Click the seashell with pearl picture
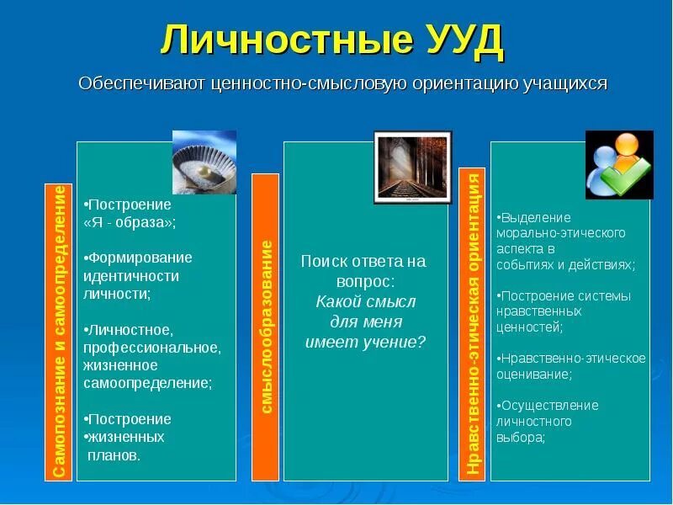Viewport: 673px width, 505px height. point(204,162)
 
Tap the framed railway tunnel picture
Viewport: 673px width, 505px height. point(412,167)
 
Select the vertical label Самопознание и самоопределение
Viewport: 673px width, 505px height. point(58,332)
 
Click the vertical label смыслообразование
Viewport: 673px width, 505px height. point(265,327)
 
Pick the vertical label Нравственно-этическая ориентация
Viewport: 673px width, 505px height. point(473,324)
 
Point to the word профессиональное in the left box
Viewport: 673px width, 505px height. point(151,347)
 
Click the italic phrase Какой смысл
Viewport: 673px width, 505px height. point(365,301)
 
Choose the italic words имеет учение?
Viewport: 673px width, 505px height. point(365,342)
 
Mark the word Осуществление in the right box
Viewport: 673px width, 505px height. point(549,406)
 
